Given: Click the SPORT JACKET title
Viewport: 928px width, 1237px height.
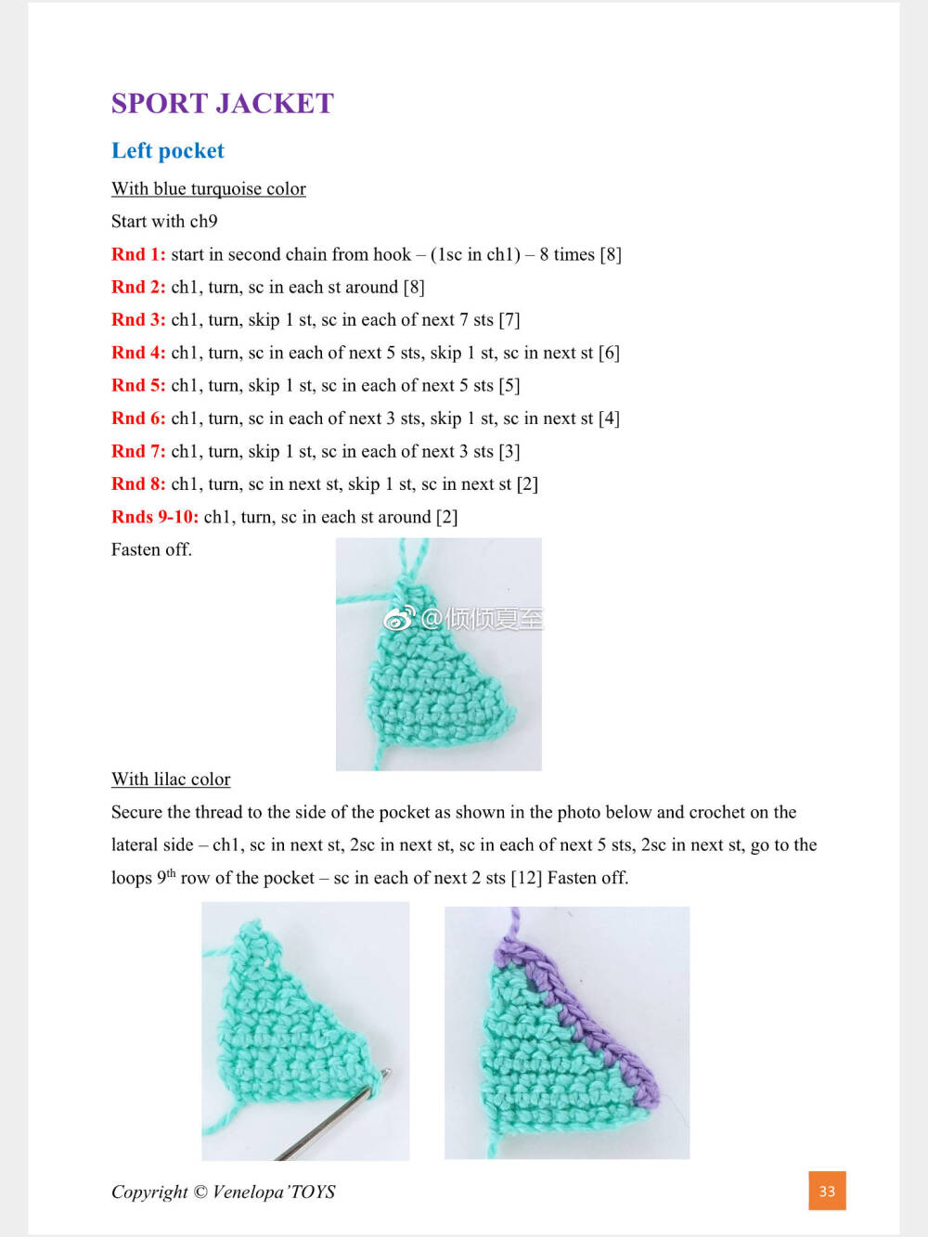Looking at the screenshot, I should (x=222, y=103).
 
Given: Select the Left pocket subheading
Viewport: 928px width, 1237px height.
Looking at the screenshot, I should (x=168, y=151).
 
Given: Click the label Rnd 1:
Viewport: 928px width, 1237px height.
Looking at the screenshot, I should (x=138, y=254).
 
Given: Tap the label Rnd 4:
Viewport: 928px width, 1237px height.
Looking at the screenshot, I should (x=138, y=353).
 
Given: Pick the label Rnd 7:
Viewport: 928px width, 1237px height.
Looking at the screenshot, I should (x=138, y=451).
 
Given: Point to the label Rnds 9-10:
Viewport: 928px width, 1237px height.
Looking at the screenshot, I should (x=155, y=517).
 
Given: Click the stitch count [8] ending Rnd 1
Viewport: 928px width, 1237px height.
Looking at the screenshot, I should (x=611, y=254).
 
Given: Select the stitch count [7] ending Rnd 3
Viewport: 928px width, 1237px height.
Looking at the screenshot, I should (x=509, y=320).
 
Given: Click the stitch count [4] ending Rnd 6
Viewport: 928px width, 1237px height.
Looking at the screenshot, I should (x=609, y=419).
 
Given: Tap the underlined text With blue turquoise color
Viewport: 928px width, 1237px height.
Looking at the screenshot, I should (x=209, y=189).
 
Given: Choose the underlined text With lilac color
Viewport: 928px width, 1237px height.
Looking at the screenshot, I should (x=171, y=780).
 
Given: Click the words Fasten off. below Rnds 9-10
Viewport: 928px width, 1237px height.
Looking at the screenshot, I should (x=151, y=549).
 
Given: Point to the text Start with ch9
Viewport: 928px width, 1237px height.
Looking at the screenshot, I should (x=164, y=222).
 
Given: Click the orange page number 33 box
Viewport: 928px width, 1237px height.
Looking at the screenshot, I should (x=827, y=1192).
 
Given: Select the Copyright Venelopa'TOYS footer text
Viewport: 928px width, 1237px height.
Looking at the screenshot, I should (x=224, y=1192).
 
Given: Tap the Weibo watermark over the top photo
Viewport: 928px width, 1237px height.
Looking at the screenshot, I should (x=464, y=618).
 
